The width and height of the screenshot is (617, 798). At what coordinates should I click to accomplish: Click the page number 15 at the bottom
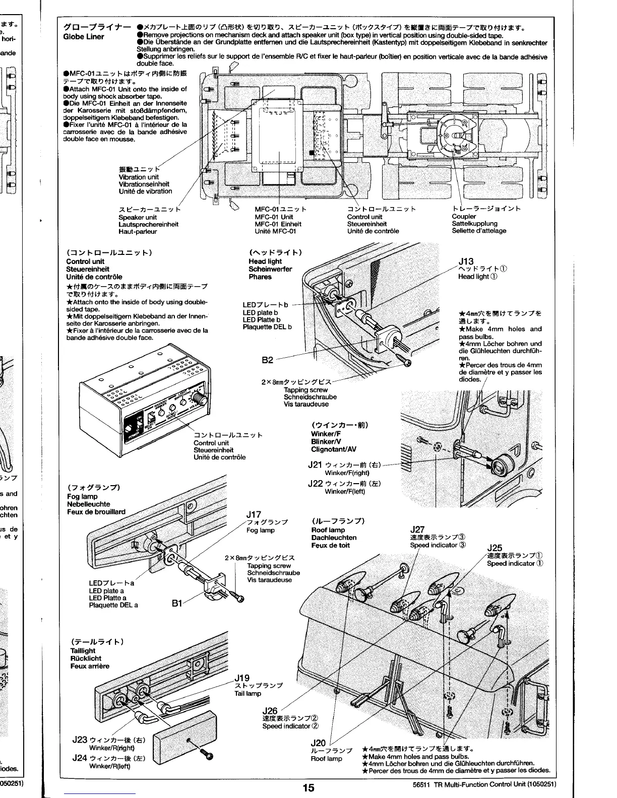pos(308,788)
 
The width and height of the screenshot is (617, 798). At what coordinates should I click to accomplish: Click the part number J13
pos(466,261)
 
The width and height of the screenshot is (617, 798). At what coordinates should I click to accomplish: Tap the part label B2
pos(268,360)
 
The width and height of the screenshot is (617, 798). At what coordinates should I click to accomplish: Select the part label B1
pos(177,603)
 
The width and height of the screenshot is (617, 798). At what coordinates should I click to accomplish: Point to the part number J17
pos(254,514)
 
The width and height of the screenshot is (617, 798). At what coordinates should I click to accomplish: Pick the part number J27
pos(418,529)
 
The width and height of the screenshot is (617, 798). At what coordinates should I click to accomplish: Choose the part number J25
pos(495,548)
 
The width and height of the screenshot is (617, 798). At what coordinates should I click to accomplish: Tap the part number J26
pos(270,711)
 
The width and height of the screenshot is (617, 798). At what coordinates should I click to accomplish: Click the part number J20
pos(319,743)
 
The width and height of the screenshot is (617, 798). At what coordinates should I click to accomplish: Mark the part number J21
pos(315,465)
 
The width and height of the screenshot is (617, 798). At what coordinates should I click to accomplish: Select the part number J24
pos(80,758)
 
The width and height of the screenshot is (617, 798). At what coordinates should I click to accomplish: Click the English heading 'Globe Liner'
pos(84,37)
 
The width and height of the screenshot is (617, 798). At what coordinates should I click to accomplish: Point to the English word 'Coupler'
pos(464,217)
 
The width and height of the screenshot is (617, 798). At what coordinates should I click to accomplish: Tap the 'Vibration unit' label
pos(139,177)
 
